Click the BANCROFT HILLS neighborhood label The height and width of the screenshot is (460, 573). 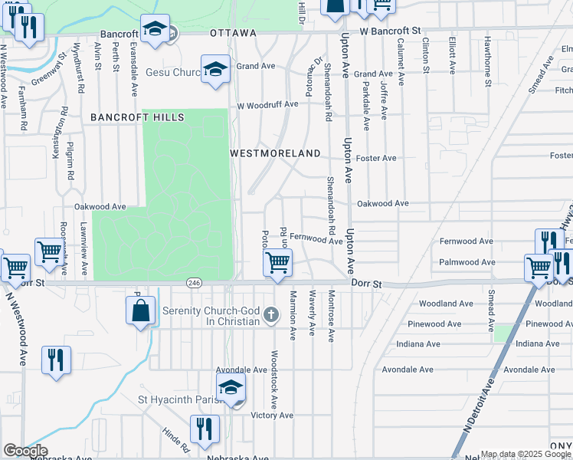tap(138, 117)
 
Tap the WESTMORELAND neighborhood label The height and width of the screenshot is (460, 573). tap(276, 153)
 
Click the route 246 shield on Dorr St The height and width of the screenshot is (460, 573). tap(194, 283)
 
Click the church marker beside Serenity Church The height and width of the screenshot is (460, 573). tap(270, 314)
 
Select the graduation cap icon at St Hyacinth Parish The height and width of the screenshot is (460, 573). tap(231, 388)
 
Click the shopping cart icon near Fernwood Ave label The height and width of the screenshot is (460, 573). tap(277, 263)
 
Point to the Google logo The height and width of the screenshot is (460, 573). tap(25, 451)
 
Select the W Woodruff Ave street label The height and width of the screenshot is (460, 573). tap(267, 105)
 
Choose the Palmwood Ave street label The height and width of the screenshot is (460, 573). tap(466, 262)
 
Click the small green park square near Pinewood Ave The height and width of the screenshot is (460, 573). tap(503, 333)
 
